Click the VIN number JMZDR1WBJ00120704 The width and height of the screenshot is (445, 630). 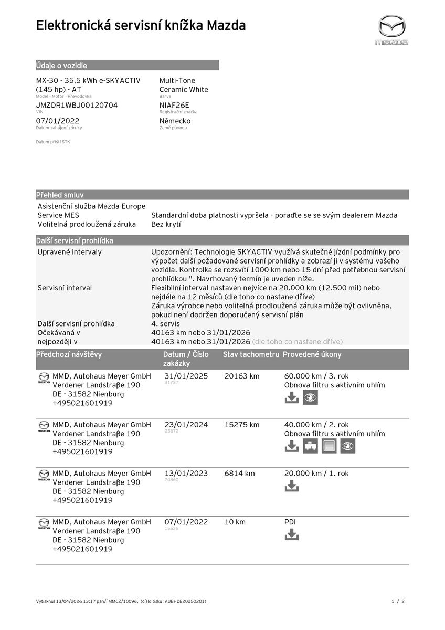(x=77, y=105)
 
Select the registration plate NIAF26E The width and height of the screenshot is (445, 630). (x=174, y=105)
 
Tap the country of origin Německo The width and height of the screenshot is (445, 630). (x=175, y=121)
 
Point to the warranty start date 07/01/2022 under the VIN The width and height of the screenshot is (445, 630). (x=58, y=121)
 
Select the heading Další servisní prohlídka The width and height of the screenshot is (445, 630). (x=75, y=240)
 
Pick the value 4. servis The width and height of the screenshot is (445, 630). (x=165, y=323)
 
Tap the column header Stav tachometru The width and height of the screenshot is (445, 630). (x=251, y=354)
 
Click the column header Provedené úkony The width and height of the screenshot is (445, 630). (x=312, y=354)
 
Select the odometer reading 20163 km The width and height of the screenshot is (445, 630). (x=241, y=376)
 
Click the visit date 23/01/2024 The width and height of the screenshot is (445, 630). (x=186, y=425)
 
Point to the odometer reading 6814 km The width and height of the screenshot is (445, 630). (x=239, y=473)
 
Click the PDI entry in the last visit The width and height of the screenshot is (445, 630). (x=290, y=522)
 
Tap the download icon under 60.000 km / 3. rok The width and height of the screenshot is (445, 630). (x=291, y=397)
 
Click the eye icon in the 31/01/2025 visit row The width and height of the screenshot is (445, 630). (x=310, y=397)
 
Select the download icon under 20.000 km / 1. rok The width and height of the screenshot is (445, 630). (x=291, y=486)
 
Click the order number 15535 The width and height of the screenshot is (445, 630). (x=172, y=529)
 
